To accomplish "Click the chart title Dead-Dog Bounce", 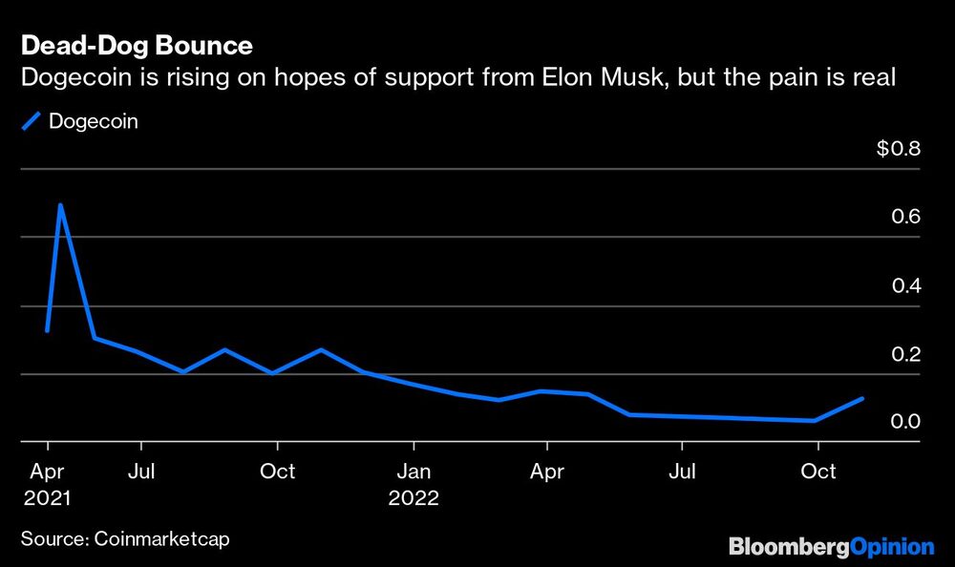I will pyautogui.click(x=137, y=46).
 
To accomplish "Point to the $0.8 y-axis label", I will pyautogui.click(x=898, y=149).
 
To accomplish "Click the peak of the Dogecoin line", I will pyautogui.click(x=61, y=204).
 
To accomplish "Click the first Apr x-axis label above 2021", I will pyautogui.click(x=48, y=472).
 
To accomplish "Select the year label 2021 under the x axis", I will pyautogui.click(x=48, y=498).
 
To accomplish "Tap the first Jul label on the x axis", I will pyautogui.click(x=141, y=472).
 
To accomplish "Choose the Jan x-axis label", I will pyautogui.click(x=413, y=472).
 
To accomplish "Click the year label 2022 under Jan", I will pyautogui.click(x=413, y=498).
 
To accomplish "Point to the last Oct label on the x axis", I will pyautogui.click(x=817, y=472).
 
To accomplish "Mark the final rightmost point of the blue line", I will pyautogui.click(x=863, y=398).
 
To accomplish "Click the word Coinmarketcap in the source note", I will pyautogui.click(x=162, y=539).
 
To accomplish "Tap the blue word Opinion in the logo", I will pyautogui.click(x=891, y=547).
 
